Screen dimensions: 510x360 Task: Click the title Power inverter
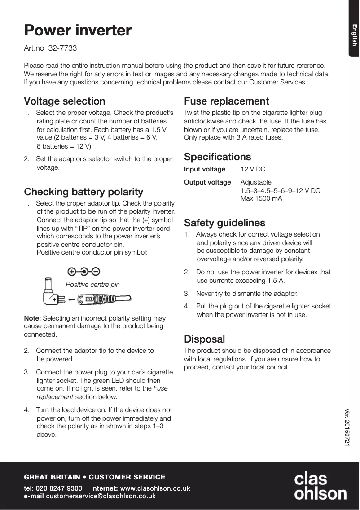click(x=78, y=31)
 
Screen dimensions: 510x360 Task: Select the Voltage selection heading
click(x=65, y=101)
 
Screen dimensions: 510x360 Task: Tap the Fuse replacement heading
click(x=227, y=101)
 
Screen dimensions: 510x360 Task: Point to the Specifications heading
click(x=218, y=157)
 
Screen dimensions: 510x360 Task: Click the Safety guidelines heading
click(x=224, y=223)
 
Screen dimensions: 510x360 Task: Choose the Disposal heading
click(x=205, y=339)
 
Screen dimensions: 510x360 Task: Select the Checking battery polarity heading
click(x=83, y=192)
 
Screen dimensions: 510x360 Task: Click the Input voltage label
click(x=205, y=170)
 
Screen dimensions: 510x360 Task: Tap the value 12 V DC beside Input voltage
click(x=253, y=170)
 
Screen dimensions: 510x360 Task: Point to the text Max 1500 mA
click(x=261, y=198)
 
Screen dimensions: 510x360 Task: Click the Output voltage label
click(x=207, y=182)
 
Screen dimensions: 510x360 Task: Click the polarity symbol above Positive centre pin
click(x=83, y=271)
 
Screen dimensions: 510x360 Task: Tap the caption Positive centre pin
click(x=93, y=285)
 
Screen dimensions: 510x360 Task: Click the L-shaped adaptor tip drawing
click(x=51, y=292)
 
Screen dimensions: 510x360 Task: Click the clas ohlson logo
click(x=320, y=486)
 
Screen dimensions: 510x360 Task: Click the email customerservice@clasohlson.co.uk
click(x=101, y=496)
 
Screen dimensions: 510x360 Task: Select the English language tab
click(x=354, y=35)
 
